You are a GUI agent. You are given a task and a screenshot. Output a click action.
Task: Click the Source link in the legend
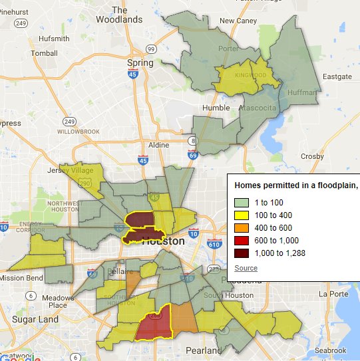[246, 267]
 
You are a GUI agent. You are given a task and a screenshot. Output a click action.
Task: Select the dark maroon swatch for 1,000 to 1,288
[241, 253]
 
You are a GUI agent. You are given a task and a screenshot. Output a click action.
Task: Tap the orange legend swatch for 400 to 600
[241, 227]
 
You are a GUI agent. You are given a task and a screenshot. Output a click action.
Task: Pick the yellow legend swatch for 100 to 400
[241, 215]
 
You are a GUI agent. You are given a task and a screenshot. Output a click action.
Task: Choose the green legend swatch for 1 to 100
[241, 202]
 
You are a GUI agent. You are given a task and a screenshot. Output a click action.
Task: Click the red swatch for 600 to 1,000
[241, 240]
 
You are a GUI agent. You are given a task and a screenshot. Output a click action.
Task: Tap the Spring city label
[140, 63]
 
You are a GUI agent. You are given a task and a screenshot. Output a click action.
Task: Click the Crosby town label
[311, 156]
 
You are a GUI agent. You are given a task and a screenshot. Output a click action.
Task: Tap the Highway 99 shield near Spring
[151, 49]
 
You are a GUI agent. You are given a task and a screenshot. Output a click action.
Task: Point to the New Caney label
[238, 21]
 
